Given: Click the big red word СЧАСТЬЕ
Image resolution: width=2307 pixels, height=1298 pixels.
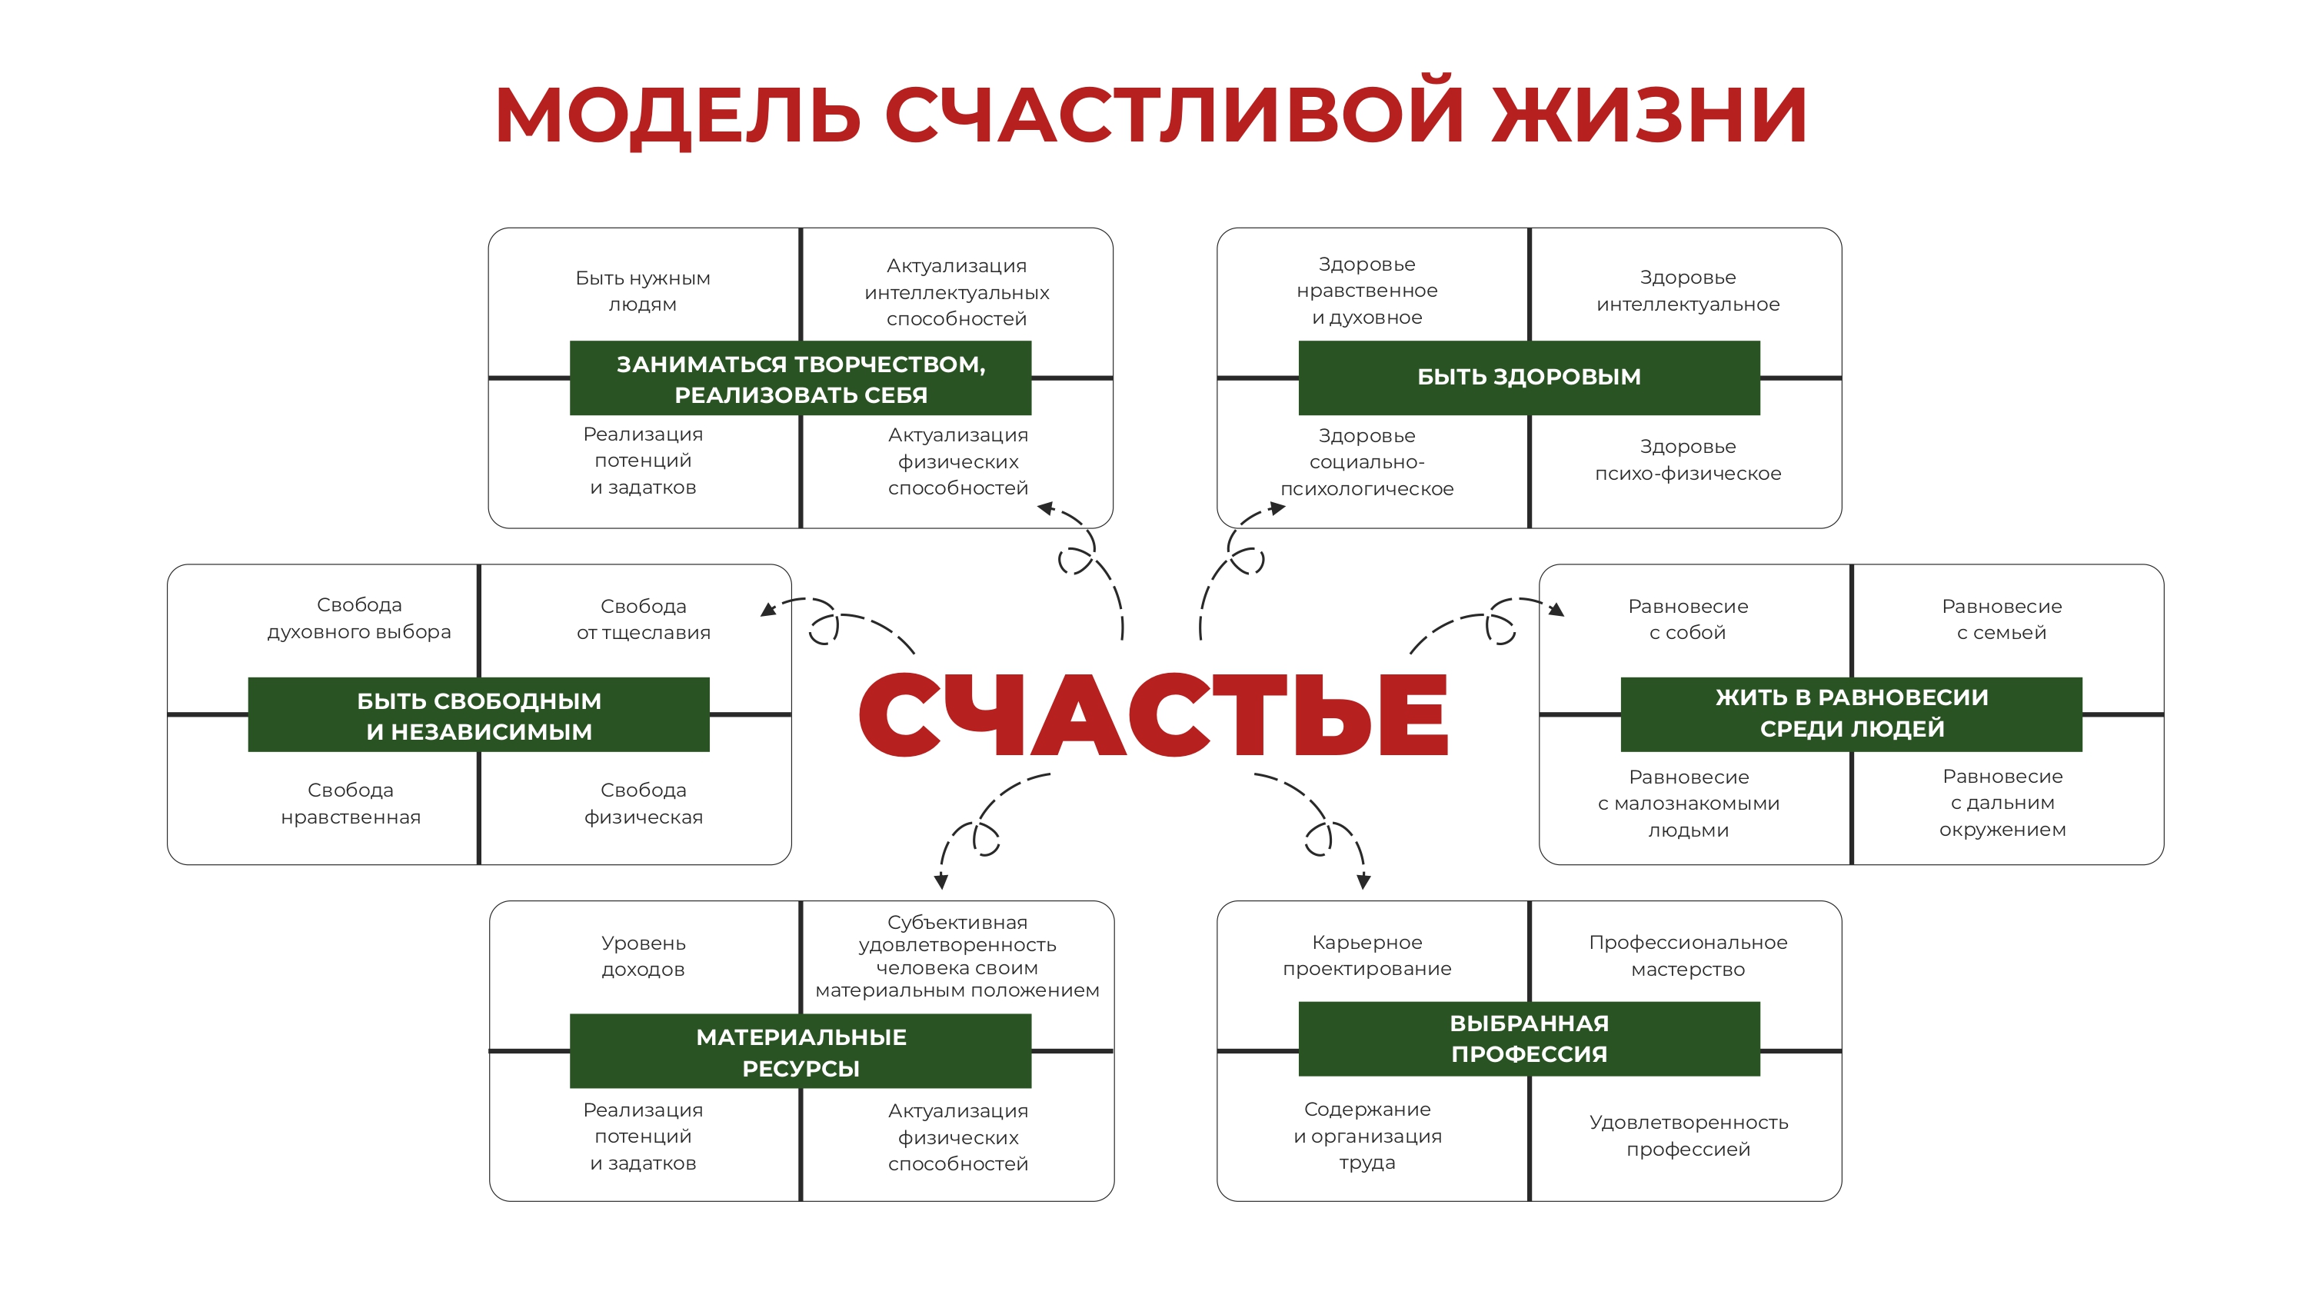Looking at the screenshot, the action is [1153, 714].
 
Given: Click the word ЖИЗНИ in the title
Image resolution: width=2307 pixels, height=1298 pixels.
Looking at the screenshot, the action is [1650, 114].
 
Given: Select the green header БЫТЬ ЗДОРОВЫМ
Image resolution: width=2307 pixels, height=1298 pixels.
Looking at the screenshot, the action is [1529, 377].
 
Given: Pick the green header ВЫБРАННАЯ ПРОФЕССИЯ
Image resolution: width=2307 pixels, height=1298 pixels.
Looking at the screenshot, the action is [1529, 1038].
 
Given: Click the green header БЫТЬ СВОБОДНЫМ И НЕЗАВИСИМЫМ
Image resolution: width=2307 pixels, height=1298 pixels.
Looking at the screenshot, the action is [479, 715].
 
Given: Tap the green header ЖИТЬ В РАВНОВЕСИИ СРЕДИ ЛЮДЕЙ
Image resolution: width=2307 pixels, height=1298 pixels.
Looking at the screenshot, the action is [1851, 714].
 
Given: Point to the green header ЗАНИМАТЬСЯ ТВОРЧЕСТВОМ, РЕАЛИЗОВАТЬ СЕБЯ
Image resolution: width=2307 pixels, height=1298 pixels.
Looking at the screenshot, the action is [801, 378].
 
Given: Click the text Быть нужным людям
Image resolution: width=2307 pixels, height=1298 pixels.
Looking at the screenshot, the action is [642, 291].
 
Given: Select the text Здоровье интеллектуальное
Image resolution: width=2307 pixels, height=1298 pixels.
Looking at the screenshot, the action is [1688, 291].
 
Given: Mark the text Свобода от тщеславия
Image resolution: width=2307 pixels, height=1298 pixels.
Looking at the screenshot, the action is [643, 619].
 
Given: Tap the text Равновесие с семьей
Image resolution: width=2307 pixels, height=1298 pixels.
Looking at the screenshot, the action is [2002, 619].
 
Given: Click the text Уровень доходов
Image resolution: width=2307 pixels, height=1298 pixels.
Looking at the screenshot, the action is [643, 956].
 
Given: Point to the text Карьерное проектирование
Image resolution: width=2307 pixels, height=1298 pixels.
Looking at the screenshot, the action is [1367, 955].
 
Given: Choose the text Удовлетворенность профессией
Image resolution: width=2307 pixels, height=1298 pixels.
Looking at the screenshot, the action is [1688, 1135].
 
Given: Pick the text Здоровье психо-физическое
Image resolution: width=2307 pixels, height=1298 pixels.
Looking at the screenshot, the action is [1688, 460].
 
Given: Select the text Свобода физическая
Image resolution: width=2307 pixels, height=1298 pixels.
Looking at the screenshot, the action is [643, 804].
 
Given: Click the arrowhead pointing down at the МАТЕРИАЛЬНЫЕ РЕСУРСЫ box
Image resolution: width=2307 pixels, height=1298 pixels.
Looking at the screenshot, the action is [940, 881].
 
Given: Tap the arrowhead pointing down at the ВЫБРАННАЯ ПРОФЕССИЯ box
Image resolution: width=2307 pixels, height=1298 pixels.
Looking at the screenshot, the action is [1363, 881].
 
